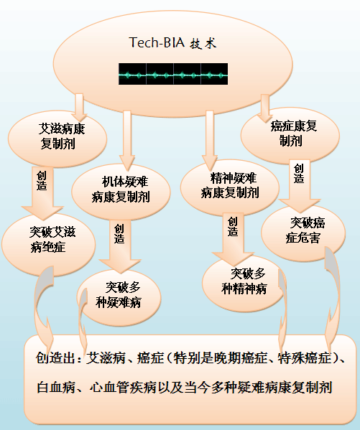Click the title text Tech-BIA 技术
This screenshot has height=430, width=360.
point(172,43)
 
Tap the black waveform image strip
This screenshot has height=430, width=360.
point(173,74)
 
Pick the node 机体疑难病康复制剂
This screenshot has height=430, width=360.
point(121,192)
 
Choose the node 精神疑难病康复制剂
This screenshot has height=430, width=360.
point(230,188)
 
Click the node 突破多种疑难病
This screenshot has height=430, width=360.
point(119,298)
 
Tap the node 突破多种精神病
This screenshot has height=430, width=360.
point(244,284)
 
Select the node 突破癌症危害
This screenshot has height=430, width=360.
point(303,233)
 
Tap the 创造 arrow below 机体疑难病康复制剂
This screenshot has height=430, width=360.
point(120,246)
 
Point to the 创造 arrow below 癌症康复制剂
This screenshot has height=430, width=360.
point(300,185)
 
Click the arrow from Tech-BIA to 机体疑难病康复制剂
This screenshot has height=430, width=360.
point(127,140)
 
